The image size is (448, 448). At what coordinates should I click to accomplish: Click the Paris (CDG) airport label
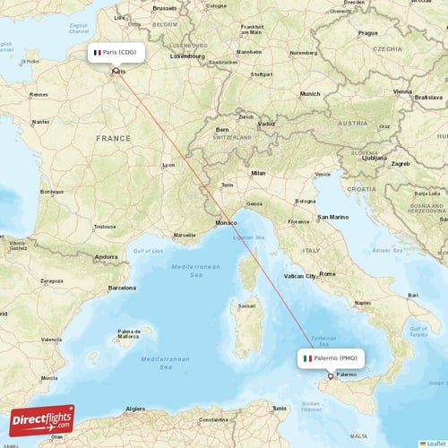[116, 52]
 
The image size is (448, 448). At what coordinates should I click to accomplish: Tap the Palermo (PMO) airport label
[331, 358]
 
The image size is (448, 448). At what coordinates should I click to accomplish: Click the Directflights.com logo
[42, 419]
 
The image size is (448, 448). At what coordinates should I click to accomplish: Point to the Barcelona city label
[122, 288]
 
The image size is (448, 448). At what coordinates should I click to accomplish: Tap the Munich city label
[310, 93]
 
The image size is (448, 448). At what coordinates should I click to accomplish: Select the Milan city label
[258, 172]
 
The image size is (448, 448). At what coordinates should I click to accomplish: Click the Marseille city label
[185, 235]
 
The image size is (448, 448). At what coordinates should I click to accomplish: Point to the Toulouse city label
[104, 227]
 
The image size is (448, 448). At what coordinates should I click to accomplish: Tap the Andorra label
[107, 257]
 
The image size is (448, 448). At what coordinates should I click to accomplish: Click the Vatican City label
[298, 276]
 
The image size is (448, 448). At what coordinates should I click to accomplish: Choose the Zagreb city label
[400, 164]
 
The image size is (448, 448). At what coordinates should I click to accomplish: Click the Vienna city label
[402, 91]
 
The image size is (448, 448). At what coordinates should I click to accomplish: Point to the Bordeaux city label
[53, 191]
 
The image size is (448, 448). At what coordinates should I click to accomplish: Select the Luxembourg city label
[187, 56]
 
